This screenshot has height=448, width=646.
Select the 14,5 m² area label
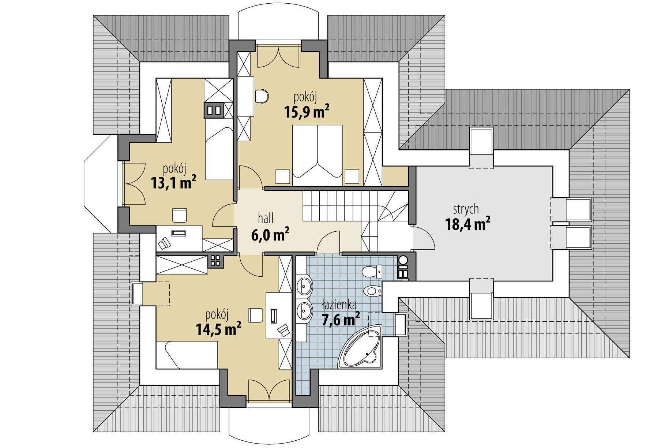218,328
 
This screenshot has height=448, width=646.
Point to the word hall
266,219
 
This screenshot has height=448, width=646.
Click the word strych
466,209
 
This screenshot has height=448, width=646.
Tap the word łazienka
339,305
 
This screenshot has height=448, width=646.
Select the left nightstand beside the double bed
283,176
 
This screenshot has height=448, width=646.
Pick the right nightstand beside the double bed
352,176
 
